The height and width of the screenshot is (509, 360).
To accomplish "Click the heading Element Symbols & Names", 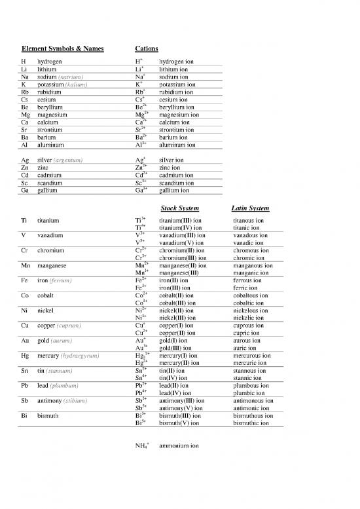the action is click(x=63, y=49).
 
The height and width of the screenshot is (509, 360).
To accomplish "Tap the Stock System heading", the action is click(x=180, y=208).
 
